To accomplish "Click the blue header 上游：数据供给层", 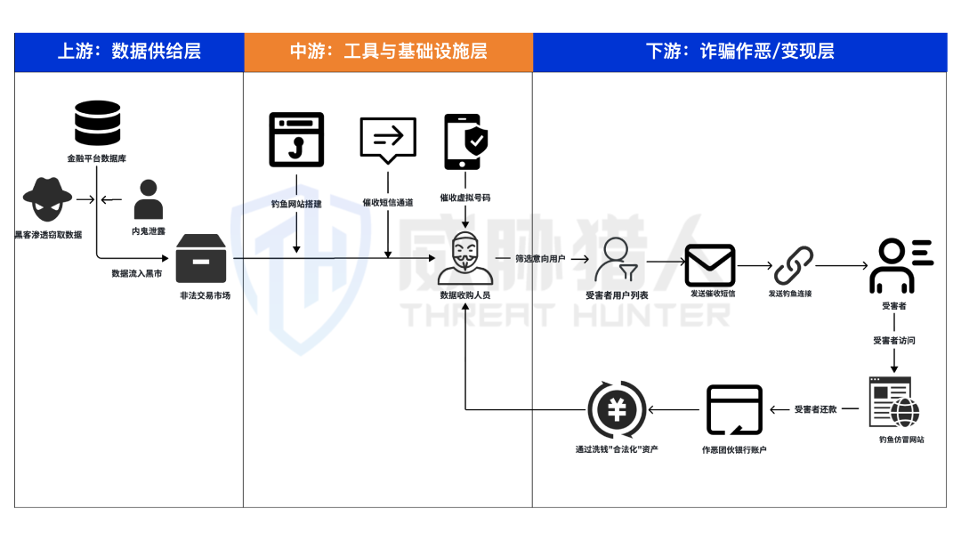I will click(129, 52).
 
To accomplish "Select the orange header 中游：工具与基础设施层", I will click(388, 52).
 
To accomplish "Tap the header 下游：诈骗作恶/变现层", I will click(739, 52).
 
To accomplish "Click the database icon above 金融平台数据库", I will click(97, 124).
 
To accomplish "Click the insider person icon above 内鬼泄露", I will click(149, 200).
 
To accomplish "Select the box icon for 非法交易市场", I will click(201, 259).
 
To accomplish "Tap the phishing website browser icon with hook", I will click(296, 140).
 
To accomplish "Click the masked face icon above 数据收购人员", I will click(464, 258).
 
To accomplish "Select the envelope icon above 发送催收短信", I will click(709, 265).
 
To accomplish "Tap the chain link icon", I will click(793, 265).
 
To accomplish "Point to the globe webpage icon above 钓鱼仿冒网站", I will click(894, 402).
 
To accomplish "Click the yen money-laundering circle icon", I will click(617, 410).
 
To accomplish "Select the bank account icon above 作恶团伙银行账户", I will click(734, 410).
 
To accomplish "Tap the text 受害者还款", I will click(816, 409).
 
